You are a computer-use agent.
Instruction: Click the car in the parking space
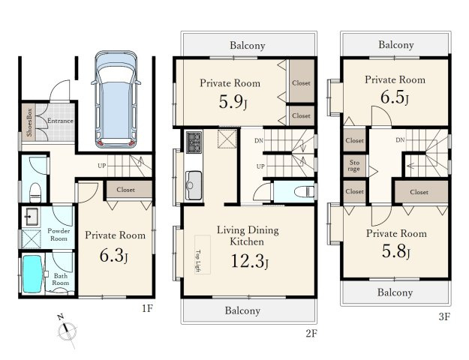click(116, 99)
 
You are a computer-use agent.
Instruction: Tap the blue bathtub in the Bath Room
click(32, 274)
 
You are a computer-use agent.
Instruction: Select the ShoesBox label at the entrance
click(29, 122)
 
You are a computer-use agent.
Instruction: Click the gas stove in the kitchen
click(194, 142)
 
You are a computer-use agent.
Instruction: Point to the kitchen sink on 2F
click(194, 185)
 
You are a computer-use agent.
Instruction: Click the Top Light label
click(197, 261)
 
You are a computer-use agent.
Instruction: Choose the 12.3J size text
click(249, 261)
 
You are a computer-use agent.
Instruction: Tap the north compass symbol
click(67, 331)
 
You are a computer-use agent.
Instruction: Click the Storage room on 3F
click(354, 166)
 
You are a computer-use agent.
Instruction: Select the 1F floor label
click(148, 308)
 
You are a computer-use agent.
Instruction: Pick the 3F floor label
click(444, 316)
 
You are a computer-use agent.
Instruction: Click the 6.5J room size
click(395, 97)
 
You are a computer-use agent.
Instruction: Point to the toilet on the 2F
click(304, 191)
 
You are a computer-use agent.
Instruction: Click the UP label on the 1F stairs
click(102, 166)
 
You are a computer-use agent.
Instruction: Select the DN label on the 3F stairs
click(400, 139)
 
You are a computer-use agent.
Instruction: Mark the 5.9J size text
click(233, 102)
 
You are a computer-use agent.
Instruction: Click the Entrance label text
click(60, 121)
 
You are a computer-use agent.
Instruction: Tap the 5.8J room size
click(395, 251)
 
